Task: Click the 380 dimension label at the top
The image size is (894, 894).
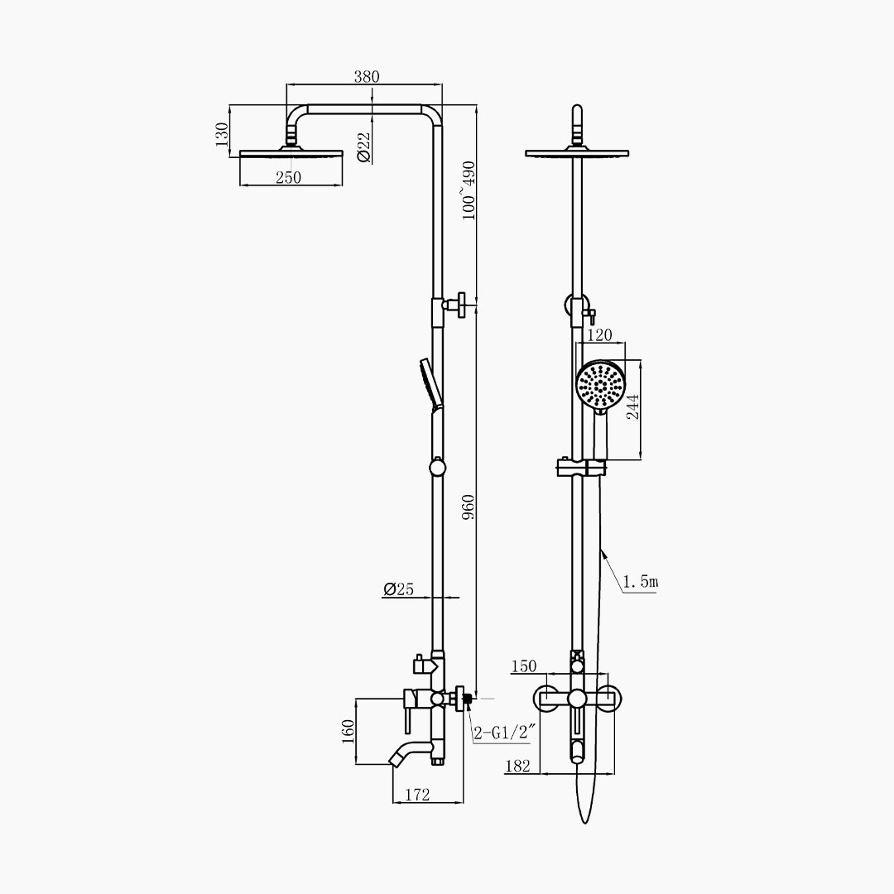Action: pyautogui.click(x=366, y=76)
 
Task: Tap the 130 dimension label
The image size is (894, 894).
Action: pyautogui.click(x=223, y=135)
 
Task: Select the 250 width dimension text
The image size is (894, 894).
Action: pyautogui.click(x=289, y=177)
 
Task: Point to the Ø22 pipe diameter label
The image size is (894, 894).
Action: pyautogui.click(x=363, y=148)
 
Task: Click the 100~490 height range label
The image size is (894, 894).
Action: pyautogui.click(x=468, y=190)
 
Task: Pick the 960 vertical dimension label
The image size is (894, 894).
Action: pyautogui.click(x=468, y=507)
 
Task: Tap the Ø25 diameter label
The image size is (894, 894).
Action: pyautogui.click(x=398, y=589)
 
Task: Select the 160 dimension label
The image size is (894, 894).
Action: pyautogui.click(x=348, y=732)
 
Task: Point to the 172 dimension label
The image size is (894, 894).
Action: pyautogui.click(x=417, y=794)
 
